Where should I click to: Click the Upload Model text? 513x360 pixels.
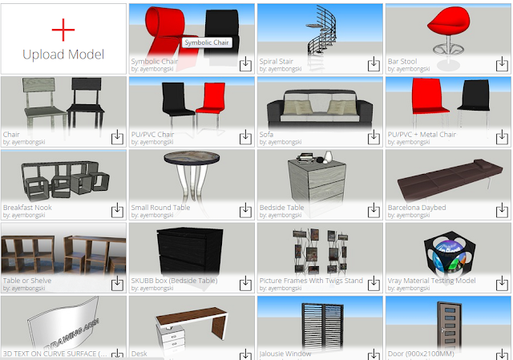(63, 55)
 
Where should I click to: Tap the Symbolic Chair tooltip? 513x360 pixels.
(208, 42)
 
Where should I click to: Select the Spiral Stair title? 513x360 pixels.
(280, 61)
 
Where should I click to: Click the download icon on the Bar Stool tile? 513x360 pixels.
(502, 63)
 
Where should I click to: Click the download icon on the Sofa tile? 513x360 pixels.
(374, 137)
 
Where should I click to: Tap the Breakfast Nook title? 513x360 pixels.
(27, 208)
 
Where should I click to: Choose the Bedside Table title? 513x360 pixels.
(282, 208)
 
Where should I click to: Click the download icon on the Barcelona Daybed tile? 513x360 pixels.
(502, 210)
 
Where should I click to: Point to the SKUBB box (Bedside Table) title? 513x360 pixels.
(174, 281)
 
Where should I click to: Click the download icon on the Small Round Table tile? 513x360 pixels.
(245, 210)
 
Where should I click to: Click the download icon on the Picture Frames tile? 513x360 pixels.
(374, 284)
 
